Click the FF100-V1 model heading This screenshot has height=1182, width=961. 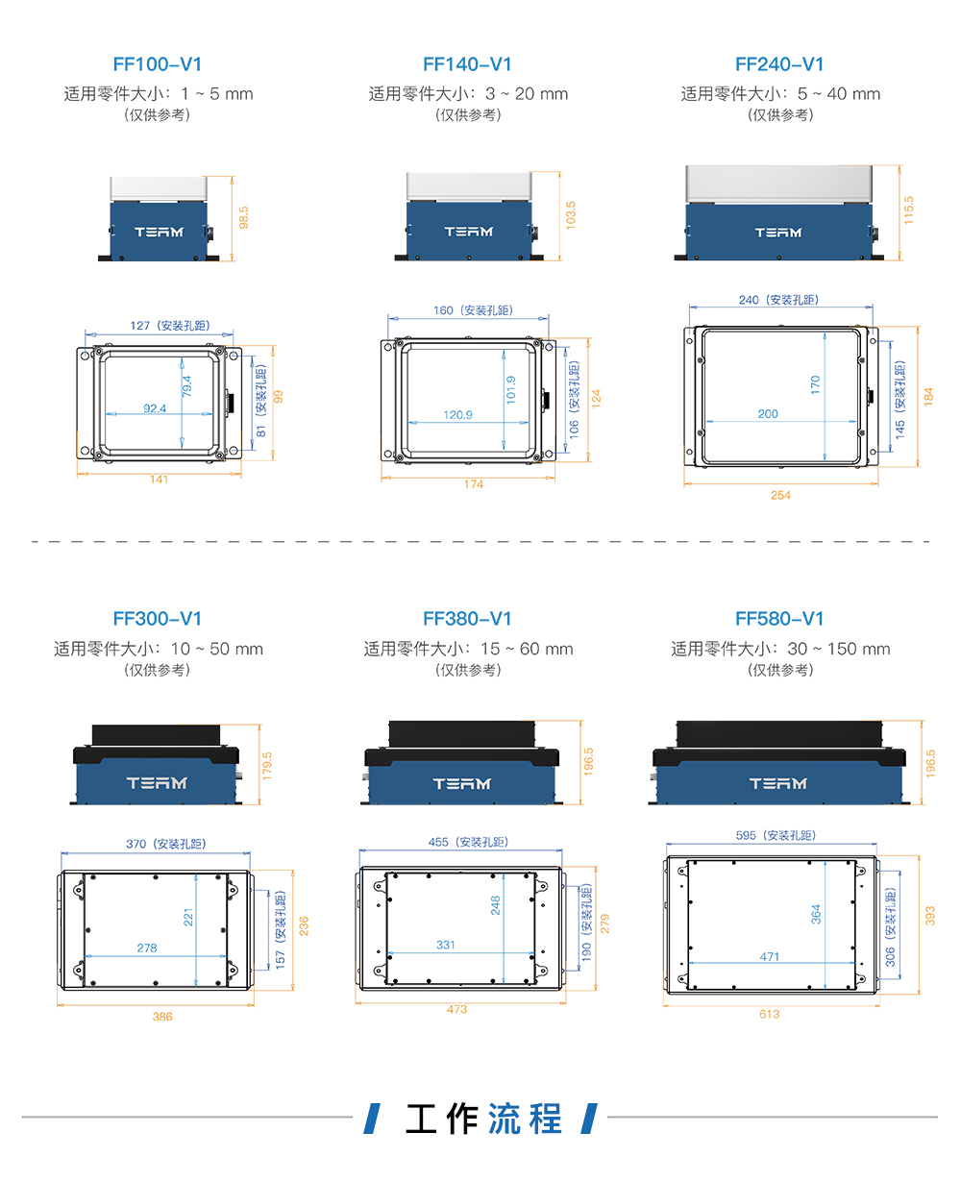point(157,64)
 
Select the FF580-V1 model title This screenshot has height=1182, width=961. point(779,619)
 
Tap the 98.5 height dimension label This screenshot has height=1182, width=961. point(243,217)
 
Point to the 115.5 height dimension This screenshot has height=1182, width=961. point(908,210)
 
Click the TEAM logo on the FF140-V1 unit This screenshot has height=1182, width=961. point(469,232)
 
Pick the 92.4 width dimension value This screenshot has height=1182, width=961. point(155,408)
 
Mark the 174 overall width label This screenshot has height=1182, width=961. point(474,484)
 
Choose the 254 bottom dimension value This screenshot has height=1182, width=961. point(780,495)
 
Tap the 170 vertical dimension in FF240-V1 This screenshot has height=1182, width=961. point(815,385)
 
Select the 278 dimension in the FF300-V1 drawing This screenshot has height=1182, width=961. point(147,948)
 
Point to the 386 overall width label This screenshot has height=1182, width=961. point(162,1017)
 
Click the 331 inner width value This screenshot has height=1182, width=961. point(446,945)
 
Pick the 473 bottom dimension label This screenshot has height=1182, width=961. point(456,1009)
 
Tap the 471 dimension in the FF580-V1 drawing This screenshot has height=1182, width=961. point(770,957)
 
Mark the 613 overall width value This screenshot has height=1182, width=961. point(770,1014)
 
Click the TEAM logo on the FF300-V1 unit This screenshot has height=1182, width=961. point(157,783)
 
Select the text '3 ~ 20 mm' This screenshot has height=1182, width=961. point(527,94)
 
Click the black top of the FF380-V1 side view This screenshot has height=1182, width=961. point(461,733)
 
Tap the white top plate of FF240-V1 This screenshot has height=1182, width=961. point(778,184)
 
